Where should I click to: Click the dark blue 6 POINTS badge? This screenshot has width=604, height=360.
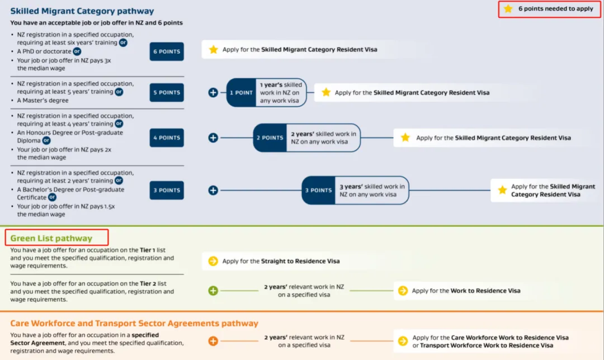pos(167,51)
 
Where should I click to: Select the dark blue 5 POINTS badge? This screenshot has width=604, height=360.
pos(167,92)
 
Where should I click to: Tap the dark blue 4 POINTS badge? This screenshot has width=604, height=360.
pos(167,138)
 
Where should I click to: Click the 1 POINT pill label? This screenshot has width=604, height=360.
pos(241,92)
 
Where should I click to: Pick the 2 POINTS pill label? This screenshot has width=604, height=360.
pos(270,138)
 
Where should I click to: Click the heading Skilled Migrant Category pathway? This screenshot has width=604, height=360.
pos(82,11)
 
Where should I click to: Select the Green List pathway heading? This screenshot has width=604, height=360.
pos(51,238)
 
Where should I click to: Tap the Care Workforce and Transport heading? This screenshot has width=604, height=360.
pos(134,323)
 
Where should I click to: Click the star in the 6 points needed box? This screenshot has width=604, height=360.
pos(508,8)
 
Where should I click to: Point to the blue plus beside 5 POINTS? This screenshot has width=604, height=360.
pos(213,92)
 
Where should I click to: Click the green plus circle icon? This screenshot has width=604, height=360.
pos(213,291)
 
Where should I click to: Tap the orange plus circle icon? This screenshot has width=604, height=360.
pos(213,341)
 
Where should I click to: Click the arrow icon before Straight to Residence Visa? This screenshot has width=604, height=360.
pos(213,261)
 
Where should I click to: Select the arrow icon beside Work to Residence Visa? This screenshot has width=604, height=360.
pos(403,291)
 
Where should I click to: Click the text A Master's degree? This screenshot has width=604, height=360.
pos(43,100)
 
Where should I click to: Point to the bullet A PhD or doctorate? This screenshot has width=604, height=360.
pos(44,51)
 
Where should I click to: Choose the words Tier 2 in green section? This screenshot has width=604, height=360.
pos(148,283)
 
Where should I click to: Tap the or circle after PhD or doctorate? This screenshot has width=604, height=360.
pos(77,51)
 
